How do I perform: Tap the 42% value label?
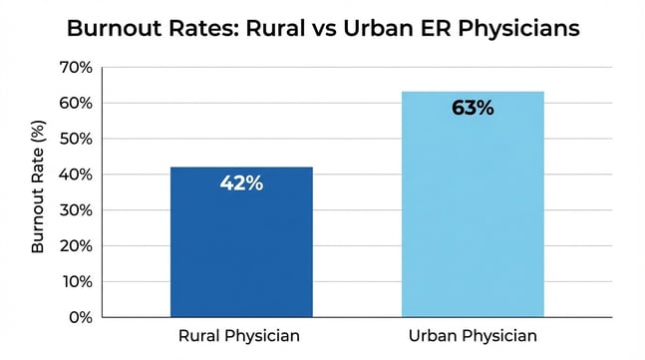(241, 183)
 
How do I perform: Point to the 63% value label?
(472, 108)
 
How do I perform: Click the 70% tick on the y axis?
(76, 68)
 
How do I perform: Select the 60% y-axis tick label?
(76, 104)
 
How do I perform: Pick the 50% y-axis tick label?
(76, 139)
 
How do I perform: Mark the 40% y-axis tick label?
(76, 175)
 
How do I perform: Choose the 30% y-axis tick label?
(76, 210)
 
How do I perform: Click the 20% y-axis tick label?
(76, 245)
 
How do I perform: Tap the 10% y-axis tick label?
(76, 281)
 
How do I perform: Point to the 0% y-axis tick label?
(80, 317)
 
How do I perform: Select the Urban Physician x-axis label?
(472, 336)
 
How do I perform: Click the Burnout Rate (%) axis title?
(39, 192)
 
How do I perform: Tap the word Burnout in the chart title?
(113, 28)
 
